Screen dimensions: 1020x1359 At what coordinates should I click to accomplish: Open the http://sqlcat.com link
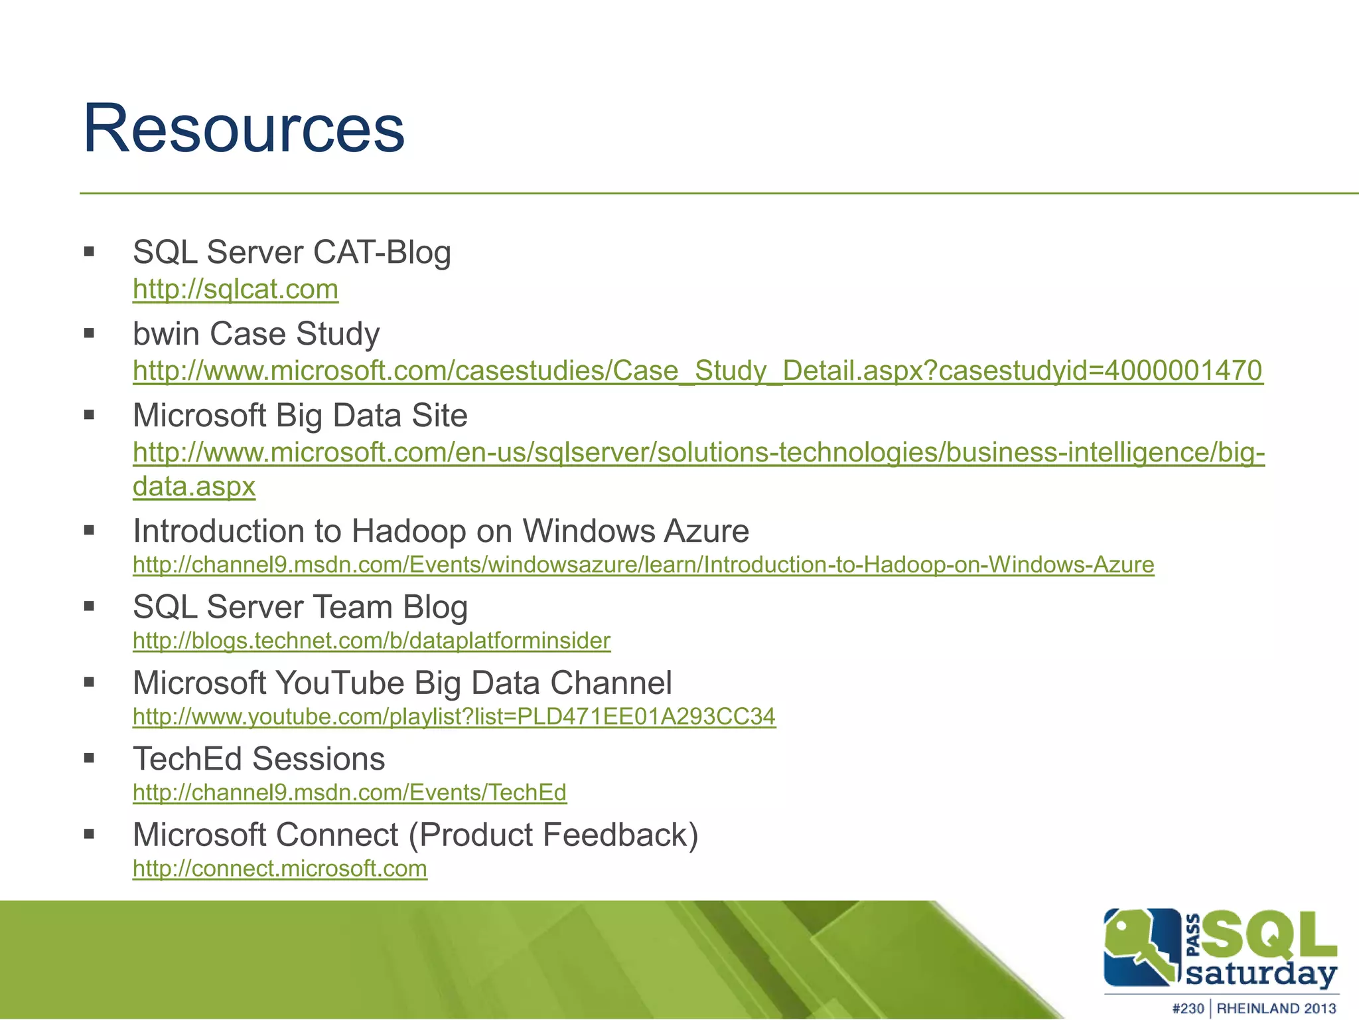pyautogui.click(x=236, y=289)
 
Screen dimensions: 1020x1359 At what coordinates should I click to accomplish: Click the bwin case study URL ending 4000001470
pyautogui.click(x=697, y=371)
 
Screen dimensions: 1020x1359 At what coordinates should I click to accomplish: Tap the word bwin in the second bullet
pyautogui.click(x=166, y=333)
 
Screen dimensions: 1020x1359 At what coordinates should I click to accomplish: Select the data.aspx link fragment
pyautogui.click(x=194, y=486)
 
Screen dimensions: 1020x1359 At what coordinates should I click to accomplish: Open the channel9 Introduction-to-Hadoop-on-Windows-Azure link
pyautogui.click(x=643, y=564)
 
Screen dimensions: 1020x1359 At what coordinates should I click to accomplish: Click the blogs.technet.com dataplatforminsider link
pyautogui.click(x=372, y=640)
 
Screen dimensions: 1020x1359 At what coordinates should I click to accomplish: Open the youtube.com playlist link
pyautogui.click(x=454, y=716)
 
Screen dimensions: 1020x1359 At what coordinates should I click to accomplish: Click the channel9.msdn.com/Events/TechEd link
pyautogui.click(x=350, y=792)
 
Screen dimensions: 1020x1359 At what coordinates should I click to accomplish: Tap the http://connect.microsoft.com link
pyautogui.click(x=279, y=868)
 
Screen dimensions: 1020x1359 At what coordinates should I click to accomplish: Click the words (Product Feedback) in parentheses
pyautogui.click(x=553, y=835)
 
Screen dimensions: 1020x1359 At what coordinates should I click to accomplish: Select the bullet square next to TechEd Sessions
pyautogui.click(x=90, y=758)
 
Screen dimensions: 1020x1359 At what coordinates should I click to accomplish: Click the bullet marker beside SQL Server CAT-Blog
pyautogui.click(x=90, y=252)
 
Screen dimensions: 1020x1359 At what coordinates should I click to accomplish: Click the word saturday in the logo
pyautogui.click(x=1260, y=974)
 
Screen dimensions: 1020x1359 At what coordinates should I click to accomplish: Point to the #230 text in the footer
pyautogui.click(x=1187, y=1008)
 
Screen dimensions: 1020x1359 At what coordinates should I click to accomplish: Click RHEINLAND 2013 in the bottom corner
pyautogui.click(x=1275, y=1008)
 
